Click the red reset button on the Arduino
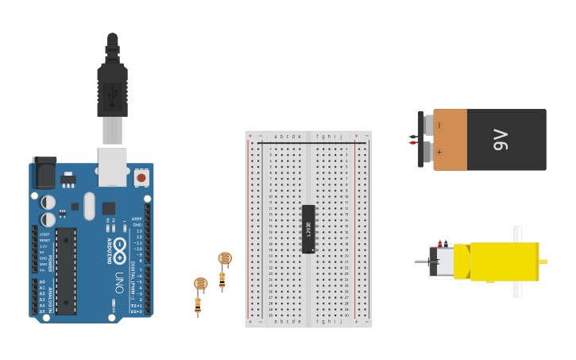tap(141, 177)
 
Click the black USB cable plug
tap(112, 87)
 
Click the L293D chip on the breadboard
tap(308, 229)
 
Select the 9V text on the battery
tap(501, 140)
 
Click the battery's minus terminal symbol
tap(439, 125)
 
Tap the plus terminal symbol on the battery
tap(439, 152)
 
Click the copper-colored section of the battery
tap(450, 140)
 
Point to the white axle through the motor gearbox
tap(517, 261)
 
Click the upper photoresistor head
tap(225, 258)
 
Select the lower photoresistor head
tap(200, 283)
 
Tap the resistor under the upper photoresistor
tap(222, 279)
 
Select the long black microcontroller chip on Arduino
tap(66, 270)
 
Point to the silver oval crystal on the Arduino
tap(89, 206)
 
